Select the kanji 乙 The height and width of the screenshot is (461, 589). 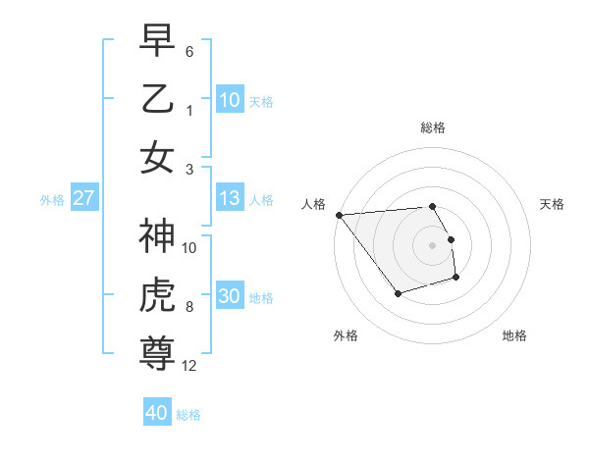[x=158, y=98]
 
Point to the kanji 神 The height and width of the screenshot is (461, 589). [x=158, y=236]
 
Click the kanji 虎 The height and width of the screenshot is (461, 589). [x=158, y=295]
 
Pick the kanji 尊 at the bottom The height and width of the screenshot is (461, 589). [x=158, y=354]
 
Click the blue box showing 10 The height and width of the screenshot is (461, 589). [x=229, y=99]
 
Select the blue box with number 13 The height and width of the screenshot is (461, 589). [x=229, y=199]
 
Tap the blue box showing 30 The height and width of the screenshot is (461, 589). [x=229, y=297]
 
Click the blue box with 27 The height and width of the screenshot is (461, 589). [x=84, y=199]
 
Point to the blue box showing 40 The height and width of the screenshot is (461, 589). [x=156, y=414]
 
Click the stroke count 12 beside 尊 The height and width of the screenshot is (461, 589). [x=189, y=366]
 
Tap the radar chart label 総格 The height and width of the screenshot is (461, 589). [x=433, y=128]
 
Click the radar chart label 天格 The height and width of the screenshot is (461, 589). [x=553, y=204]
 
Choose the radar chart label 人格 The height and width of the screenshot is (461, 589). [x=314, y=204]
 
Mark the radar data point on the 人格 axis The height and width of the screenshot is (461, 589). [x=339, y=215]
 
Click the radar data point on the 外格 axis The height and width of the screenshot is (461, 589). [x=398, y=293]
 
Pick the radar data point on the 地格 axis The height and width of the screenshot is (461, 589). [x=456, y=279]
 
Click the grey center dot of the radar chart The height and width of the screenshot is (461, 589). [x=433, y=244]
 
